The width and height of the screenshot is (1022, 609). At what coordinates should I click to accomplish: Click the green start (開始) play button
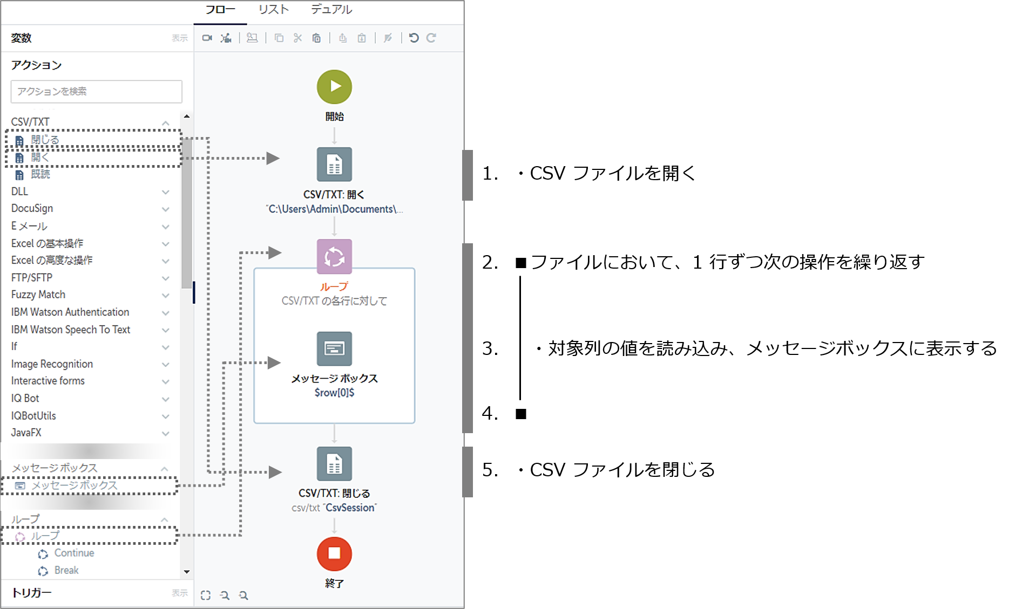pos(334,87)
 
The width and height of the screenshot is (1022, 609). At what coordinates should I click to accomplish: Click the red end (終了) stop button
pos(334,553)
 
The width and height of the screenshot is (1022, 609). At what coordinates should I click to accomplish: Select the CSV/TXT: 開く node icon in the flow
pos(334,165)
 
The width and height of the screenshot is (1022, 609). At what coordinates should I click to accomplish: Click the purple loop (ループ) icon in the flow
pos(334,257)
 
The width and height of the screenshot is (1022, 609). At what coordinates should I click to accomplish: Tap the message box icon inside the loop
pos(334,348)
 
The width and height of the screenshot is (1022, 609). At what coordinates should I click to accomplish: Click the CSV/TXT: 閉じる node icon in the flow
pos(334,463)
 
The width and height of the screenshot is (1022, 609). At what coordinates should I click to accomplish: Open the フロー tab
pos(220,10)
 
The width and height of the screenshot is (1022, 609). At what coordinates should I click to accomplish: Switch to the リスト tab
pos(274,10)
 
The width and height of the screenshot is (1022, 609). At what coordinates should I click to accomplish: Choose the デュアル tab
pos(331,10)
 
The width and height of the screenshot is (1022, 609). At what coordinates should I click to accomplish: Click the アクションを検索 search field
pos(97,92)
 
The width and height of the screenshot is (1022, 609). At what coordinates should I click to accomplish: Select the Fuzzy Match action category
pos(38,295)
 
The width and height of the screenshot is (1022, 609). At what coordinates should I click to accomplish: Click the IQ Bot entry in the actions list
pos(25,398)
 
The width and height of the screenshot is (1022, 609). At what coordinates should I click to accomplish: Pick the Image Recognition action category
pos(52,364)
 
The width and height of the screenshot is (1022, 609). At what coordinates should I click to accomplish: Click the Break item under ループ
pos(66,570)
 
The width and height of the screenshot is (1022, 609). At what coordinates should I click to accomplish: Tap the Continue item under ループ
pos(74,553)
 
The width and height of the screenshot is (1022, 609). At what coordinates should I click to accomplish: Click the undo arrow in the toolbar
pos(414,38)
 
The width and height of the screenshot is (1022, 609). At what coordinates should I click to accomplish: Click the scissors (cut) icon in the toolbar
pos(297,38)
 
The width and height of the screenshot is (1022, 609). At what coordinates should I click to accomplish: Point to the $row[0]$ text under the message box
pos(334,393)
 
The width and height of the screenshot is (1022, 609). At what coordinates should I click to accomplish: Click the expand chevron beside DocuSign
pos(166,209)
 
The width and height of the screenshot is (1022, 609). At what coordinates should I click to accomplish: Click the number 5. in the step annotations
pos(490,470)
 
